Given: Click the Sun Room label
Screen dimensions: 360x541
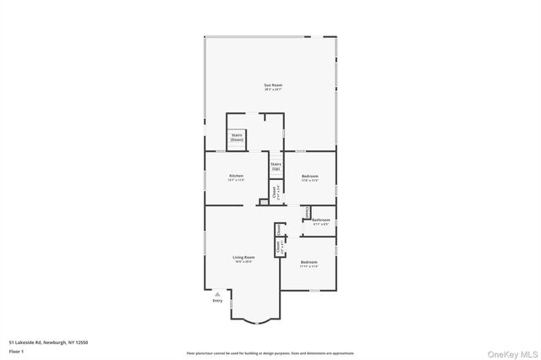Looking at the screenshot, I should pyautogui.click(x=272, y=85).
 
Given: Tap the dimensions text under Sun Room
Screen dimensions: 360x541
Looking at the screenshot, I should pyautogui.click(x=272, y=90).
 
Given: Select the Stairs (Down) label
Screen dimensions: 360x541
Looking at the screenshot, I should pyautogui.click(x=237, y=137).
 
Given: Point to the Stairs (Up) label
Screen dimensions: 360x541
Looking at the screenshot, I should pyautogui.click(x=276, y=166).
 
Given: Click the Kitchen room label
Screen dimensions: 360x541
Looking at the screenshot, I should pyautogui.click(x=236, y=176).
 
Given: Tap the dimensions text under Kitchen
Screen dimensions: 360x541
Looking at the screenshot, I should pyautogui.click(x=236, y=180).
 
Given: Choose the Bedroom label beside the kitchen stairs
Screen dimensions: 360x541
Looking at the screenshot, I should pyautogui.click(x=310, y=176).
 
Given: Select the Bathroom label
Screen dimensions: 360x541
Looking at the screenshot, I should pyautogui.click(x=320, y=220).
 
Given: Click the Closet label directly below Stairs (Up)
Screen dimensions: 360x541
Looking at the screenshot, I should pyautogui.click(x=274, y=192).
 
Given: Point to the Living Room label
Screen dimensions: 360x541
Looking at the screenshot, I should pyautogui.click(x=243, y=257).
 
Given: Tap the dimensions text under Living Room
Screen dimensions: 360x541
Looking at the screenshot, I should pyautogui.click(x=243, y=262).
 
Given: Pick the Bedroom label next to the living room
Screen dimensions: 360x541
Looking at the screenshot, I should pyautogui.click(x=309, y=262).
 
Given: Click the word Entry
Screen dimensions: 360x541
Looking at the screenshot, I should pyautogui.click(x=217, y=301).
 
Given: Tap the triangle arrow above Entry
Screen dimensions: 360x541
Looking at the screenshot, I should pyautogui.click(x=217, y=294).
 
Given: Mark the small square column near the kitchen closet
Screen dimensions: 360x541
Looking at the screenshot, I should pyautogui.click(x=263, y=202).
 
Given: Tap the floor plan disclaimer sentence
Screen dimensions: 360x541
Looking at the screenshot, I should pyautogui.click(x=270, y=353).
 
